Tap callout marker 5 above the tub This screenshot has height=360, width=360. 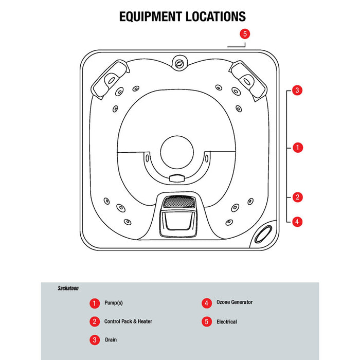click(x=245, y=34)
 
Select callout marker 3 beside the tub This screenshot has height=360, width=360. click(x=296, y=91)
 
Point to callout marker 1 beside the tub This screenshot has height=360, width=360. click(x=296, y=148)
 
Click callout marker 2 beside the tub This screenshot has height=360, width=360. click(x=296, y=196)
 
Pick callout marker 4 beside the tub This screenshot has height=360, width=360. click(x=296, y=222)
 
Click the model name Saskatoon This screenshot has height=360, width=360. click(x=68, y=289)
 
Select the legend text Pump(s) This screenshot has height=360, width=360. click(x=114, y=303)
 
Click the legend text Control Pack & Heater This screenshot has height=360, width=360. click(x=128, y=321)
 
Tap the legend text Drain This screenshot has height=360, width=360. click(x=111, y=340)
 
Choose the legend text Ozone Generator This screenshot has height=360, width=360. click(x=235, y=302)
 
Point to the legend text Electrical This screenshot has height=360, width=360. click(x=227, y=322)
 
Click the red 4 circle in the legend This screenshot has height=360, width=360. click(x=206, y=303)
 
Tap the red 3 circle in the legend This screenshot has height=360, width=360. click(x=95, y=340)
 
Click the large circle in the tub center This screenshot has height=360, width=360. click(x=177, y=152)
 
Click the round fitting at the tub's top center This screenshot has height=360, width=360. click(x=179, y=64)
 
